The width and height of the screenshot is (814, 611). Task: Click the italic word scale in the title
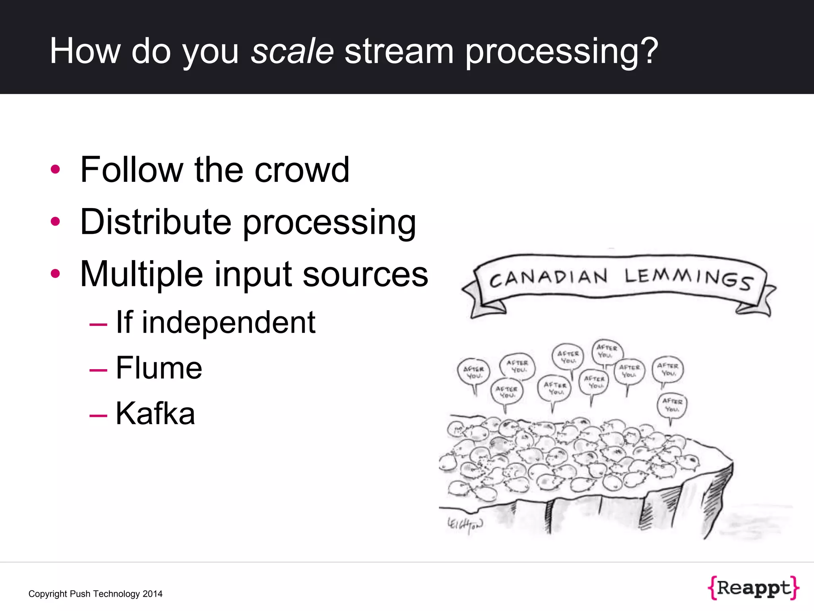(x=292, y=51)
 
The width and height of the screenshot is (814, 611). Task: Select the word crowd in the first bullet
(x=302, y=170)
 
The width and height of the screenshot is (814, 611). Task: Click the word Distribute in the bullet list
(x=155, y=222)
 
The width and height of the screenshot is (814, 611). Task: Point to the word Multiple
(x=141, y=274)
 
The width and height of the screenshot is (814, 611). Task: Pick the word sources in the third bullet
(x=365, y=274)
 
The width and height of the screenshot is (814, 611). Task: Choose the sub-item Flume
(x=159, y=368)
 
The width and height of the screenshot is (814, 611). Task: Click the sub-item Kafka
(x=155, y=413)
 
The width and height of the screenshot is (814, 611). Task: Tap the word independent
(x=229, y=322)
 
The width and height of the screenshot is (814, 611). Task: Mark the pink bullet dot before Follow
(x=55, y=169)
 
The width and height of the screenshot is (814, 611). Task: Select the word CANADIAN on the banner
(x=548, y=278)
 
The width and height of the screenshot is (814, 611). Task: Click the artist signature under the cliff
(x=465, y=525)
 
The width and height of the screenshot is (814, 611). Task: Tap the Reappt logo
(x=753, y=588)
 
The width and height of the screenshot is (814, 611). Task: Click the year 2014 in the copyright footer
(x=153, y=594)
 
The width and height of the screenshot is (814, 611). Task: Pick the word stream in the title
(x=399, y=51)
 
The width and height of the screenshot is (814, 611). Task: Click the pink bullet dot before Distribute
(x=55, y=222)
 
